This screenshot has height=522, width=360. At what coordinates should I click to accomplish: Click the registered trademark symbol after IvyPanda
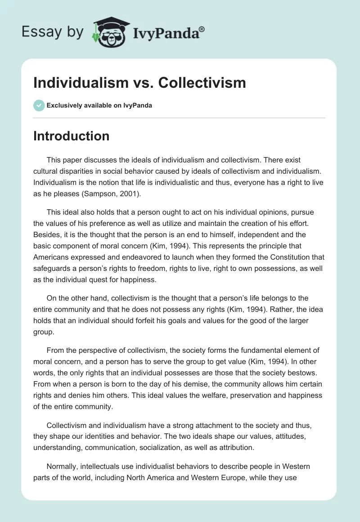(x=202, y=29)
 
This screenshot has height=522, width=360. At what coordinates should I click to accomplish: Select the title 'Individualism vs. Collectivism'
(x=139, y=83)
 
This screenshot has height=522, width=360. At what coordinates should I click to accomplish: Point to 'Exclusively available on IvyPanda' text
(x=99, y=105)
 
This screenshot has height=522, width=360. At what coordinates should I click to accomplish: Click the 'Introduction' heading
(x=71, y=136)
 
